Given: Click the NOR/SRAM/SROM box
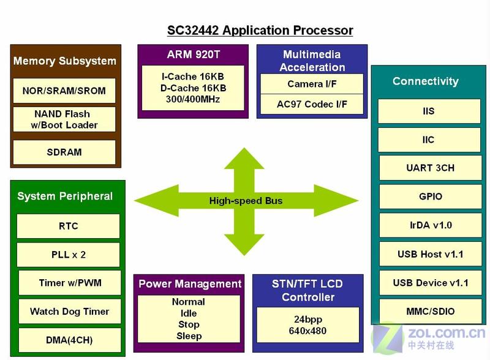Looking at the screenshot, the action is point(64,91).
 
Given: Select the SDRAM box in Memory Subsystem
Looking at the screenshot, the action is point(64,152).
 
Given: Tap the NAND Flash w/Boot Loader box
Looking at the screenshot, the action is point(64,119).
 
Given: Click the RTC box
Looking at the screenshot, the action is point(68,226).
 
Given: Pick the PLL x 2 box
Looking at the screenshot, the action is point(68,255).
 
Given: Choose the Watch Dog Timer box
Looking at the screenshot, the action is point(70,311).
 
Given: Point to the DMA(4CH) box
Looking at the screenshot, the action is point(70,340).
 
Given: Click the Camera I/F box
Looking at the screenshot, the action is point(312,84).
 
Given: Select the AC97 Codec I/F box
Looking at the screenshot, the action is point(312,104).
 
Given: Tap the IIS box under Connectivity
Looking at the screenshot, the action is point(429,111).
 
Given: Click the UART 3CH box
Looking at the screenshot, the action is point(431,168).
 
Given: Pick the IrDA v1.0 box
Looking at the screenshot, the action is point(431,225).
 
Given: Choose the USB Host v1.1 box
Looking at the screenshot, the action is point(431,253).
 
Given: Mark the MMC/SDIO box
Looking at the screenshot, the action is point(431,311).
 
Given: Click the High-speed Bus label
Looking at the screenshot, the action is point(246,201).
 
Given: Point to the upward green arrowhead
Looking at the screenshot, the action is point(244,159).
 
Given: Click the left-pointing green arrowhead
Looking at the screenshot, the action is point(156,201).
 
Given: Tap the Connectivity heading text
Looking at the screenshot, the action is point(426,81).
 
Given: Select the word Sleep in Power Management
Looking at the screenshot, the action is point(189,336).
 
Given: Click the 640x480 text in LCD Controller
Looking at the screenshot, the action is point(307,331).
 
